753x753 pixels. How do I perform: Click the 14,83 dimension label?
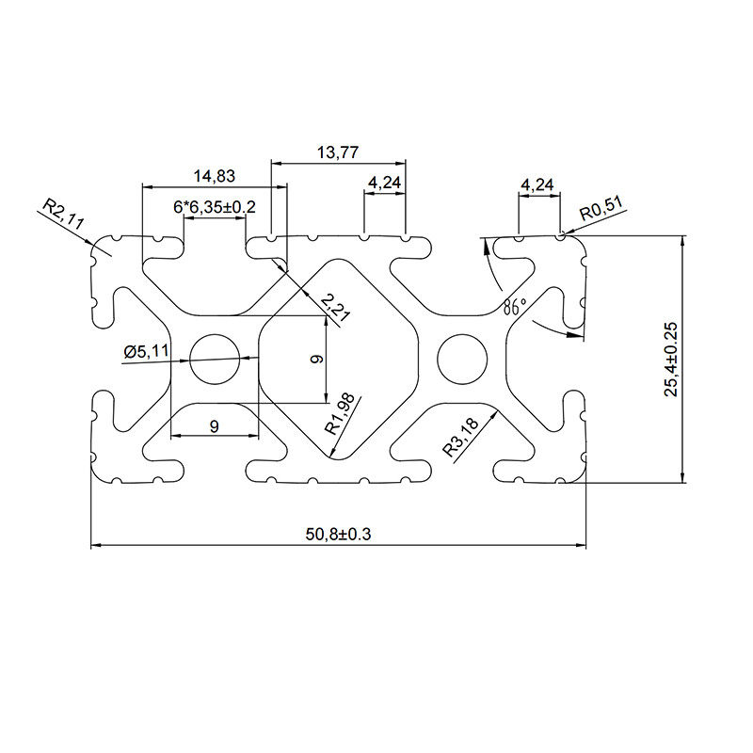pos(214,175)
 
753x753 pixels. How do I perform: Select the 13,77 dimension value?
pos(338,152)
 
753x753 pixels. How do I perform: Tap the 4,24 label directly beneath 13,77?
pos(384,183)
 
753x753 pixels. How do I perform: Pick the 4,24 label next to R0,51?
pos(537,184)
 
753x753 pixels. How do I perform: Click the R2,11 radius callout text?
pos(63,214)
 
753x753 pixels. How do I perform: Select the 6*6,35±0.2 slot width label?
pos(216,206)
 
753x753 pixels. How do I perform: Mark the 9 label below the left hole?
pos(214,426)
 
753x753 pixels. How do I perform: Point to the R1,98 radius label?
pos(340,412)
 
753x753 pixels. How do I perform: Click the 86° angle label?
pos(514,306)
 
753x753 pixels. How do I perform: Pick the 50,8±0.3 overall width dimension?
pos(338,534)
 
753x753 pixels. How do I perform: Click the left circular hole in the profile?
pos(215,358)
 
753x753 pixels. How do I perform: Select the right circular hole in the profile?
pos(461,358)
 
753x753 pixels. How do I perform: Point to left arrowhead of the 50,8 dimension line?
pos(95,545)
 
